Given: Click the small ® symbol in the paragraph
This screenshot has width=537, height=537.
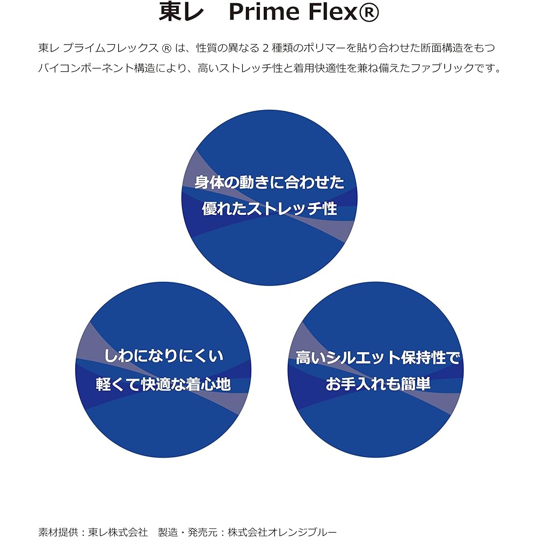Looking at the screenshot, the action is pyautogui.click(x=166, y=48).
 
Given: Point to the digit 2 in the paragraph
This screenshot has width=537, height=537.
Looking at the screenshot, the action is pyautogui.click(x=265, y=48).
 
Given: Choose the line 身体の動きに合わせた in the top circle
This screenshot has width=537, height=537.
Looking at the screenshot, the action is pyautogui.click(x=269, y=182).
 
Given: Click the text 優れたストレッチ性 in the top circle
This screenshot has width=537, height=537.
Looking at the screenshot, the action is pyautogui.click(x=269, y=208).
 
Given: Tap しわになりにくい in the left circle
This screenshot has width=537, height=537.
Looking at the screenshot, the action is pyautogui.click(x=163, y=356).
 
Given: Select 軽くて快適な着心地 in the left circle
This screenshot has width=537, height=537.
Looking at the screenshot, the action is pyautogui.click(x=163, y=384).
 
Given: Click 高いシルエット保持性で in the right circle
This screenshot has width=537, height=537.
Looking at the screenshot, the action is pyautogui.click(x=377, y=358).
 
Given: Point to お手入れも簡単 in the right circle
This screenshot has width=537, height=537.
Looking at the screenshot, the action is pyautogui.click(x=378, y=384).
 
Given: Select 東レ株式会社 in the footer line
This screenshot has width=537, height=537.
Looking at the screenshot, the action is pyautogui.click(x=118, y=532).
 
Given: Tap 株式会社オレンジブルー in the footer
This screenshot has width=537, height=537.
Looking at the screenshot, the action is pyautogui.click(x=282, y=532).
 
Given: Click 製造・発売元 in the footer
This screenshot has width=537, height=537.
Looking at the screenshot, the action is pyautogui.click(x=187, y=532).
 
